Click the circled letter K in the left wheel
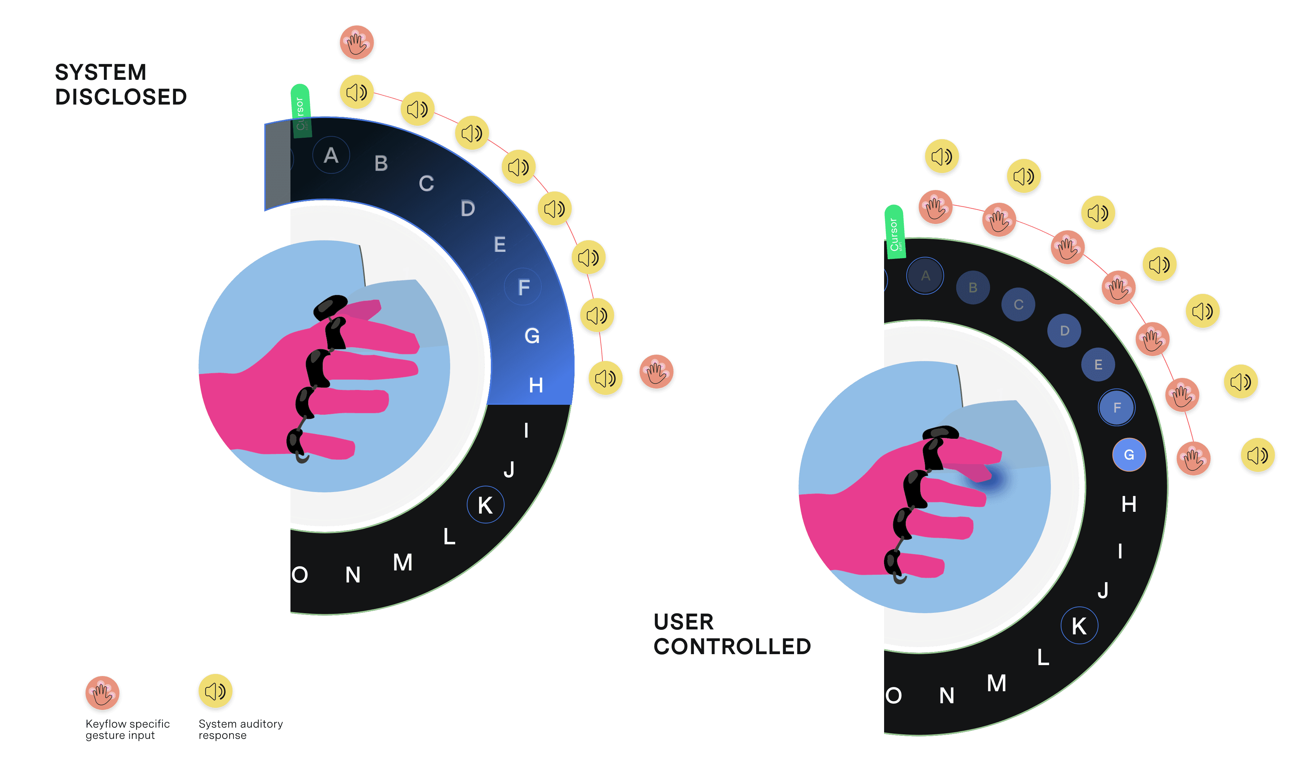(486, 505)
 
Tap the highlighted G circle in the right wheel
(1129, 455)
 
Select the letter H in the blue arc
(536, 385)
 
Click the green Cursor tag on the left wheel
(301, 111)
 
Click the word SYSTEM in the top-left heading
(101, 73)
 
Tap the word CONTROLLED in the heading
(732, 646)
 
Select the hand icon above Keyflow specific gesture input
(102, 693)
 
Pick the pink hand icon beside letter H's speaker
(656, 373)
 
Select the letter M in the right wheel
(996, 683)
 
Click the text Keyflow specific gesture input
(127, 729)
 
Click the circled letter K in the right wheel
(1079, 626)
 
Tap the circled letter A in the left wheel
(331, 155)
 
